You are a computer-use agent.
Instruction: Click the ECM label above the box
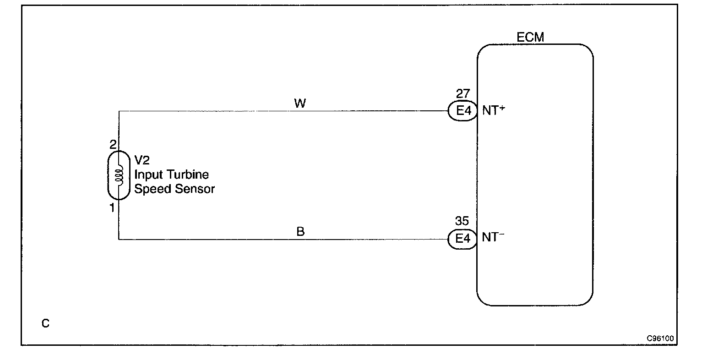(530, 38)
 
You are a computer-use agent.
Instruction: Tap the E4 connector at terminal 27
(462, 111)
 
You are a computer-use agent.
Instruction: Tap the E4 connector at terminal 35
(462, 239)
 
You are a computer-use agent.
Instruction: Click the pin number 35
(462, 222)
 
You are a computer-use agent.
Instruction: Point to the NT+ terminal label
(493, 110)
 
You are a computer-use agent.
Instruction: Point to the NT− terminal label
(493, 238)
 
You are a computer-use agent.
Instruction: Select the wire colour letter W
(300, 104)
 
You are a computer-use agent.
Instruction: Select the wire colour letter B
(300, 232)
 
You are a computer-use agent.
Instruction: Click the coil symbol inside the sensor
(119, 175)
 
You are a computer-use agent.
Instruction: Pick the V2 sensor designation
(142, 160)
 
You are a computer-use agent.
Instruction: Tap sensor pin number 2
(113, 145)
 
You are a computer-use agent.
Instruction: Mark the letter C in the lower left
(45, 324)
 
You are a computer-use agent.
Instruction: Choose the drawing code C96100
(660, 339)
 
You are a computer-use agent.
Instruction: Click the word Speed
(153, 189)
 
